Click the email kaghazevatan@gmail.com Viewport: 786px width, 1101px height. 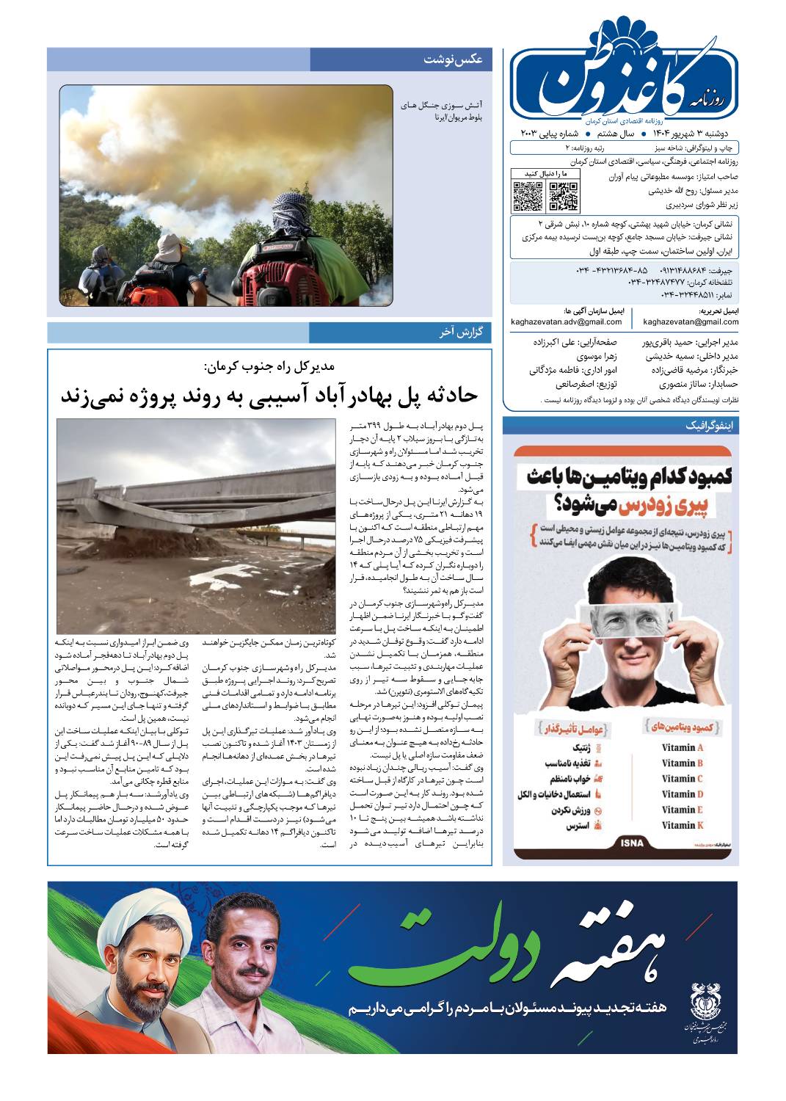pos(691,321)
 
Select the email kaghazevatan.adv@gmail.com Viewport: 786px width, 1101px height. pos(567,321)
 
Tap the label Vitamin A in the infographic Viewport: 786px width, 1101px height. pos(683,748)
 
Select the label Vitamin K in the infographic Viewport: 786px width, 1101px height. pos(683,826)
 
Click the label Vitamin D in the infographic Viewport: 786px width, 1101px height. pos(683,794)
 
